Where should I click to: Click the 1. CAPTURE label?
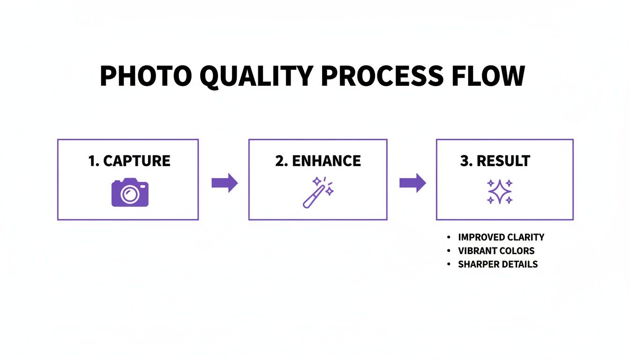(129, 161)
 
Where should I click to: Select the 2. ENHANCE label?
(318, 161)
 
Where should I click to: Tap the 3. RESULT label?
(495, 161)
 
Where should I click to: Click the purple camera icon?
(130, 192)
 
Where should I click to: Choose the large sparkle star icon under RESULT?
(500, 192)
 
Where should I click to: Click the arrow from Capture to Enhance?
(225, 183)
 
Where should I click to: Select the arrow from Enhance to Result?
(412, 183)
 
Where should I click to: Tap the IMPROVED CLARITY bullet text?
(501, 237)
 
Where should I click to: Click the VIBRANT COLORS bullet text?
(496, 251)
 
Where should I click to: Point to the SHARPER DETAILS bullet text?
(498, 264)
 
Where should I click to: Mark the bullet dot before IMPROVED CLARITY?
(449, 237)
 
